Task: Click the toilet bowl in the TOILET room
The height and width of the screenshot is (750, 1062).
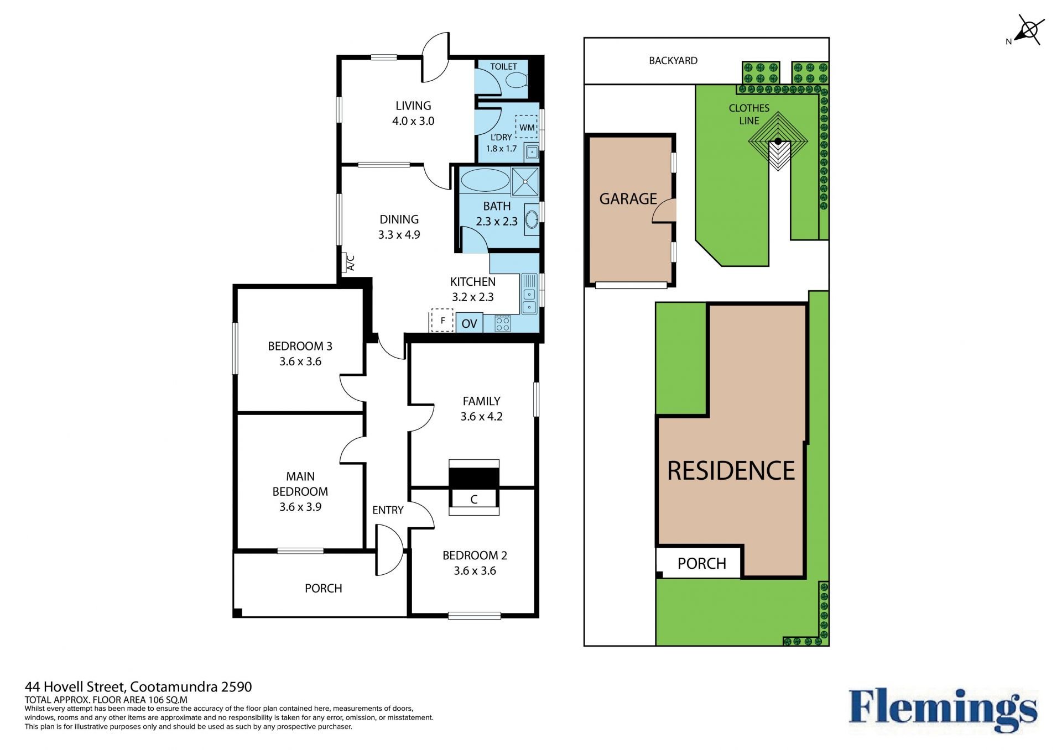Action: pos(517,81)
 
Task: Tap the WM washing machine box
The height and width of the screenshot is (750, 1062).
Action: pos(527,127)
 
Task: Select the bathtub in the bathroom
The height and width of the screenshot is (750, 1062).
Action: pos(485,180)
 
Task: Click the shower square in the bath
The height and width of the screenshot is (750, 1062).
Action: pos(524,181)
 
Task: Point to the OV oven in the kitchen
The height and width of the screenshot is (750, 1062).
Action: pos(469,323)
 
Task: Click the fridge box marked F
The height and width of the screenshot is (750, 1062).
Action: pos(442,321)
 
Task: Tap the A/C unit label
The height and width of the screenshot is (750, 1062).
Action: pos(350,263)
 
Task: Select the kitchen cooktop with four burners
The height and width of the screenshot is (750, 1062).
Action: pos(503,323)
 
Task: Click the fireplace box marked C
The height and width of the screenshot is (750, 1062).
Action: pos(474,499)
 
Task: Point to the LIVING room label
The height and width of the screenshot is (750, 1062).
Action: pos(413,106)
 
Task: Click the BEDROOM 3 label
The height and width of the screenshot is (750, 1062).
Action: pos(300,347)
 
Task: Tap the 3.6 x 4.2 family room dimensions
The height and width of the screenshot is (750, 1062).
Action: pos(482,417)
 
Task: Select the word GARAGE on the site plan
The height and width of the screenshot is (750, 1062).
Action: pos(628,199)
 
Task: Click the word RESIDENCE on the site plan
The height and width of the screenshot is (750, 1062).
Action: pos(731,471)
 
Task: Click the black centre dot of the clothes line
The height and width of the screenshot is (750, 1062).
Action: pos(778,141)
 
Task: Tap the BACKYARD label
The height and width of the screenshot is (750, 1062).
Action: pos(673,61)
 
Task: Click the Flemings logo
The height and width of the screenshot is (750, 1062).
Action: pos(943,711)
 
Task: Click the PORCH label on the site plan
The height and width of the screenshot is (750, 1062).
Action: pos(702,564)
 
